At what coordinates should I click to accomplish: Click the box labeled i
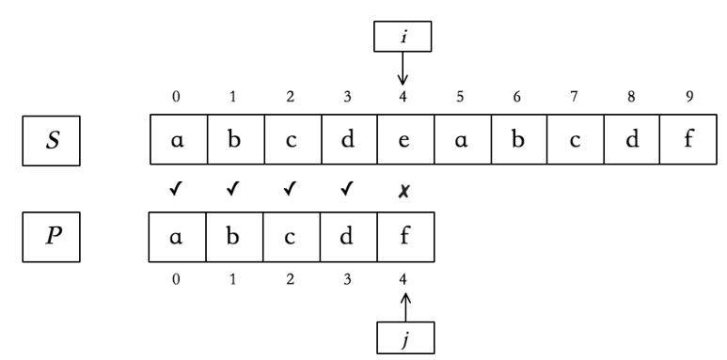pos(404,37)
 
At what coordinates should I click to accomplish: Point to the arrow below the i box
pos(404,69)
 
